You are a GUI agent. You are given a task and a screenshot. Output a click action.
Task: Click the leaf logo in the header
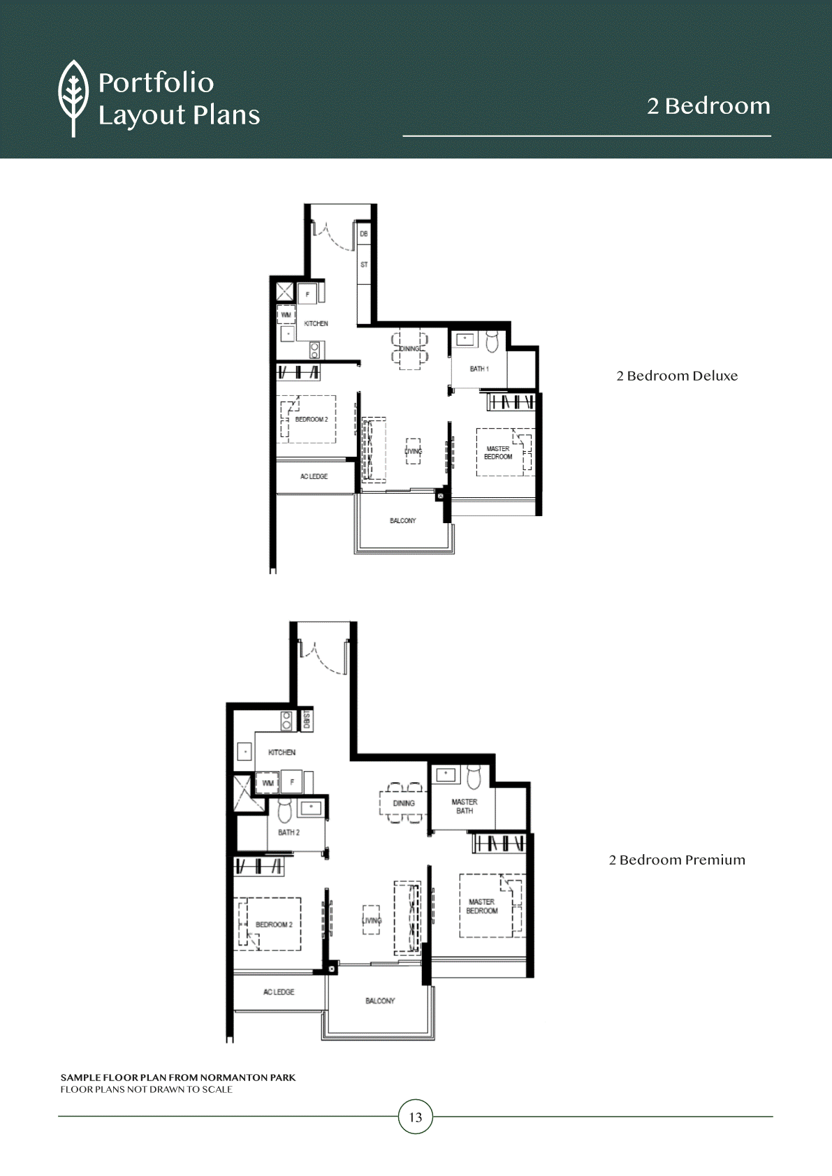(73, 98)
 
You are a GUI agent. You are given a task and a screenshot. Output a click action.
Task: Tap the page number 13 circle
(416, 1117)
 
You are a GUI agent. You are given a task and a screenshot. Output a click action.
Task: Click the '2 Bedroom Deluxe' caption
(677, 376)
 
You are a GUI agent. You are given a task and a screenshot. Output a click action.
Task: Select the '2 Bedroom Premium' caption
(677, 860)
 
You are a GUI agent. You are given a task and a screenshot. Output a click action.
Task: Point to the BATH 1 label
(479, 369)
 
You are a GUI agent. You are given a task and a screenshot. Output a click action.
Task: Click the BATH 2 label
(289, 832)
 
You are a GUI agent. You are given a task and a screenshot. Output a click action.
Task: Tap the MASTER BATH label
(465, 807)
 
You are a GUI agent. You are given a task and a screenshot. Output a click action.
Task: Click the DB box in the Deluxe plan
(364, 234)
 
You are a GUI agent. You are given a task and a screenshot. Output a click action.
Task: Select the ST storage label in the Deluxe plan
(364, 265)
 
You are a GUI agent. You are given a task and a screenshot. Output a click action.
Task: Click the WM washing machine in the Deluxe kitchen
(286, 315)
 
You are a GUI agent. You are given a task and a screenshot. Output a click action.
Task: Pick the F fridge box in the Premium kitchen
(292, 781)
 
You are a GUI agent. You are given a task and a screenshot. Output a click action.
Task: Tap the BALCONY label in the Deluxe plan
(403, 521)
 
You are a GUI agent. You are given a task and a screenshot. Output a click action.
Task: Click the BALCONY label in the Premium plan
(380, 1001)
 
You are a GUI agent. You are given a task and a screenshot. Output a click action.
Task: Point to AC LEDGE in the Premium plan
(279, 992)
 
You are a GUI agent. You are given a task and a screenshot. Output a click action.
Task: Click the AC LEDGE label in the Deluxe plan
(314, 477)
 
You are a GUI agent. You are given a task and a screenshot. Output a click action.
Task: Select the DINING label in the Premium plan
(404, 803)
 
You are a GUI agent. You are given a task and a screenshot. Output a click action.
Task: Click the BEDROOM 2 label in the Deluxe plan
(312, 420)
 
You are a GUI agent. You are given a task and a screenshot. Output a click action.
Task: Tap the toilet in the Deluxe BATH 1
(492, 341)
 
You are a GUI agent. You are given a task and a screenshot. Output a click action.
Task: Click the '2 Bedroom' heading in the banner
(708, 106)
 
